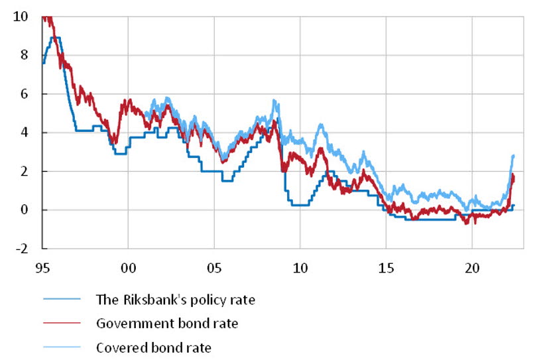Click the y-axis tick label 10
point(20,16)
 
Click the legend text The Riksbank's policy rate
point(176,300)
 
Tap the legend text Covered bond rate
point(153,347)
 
